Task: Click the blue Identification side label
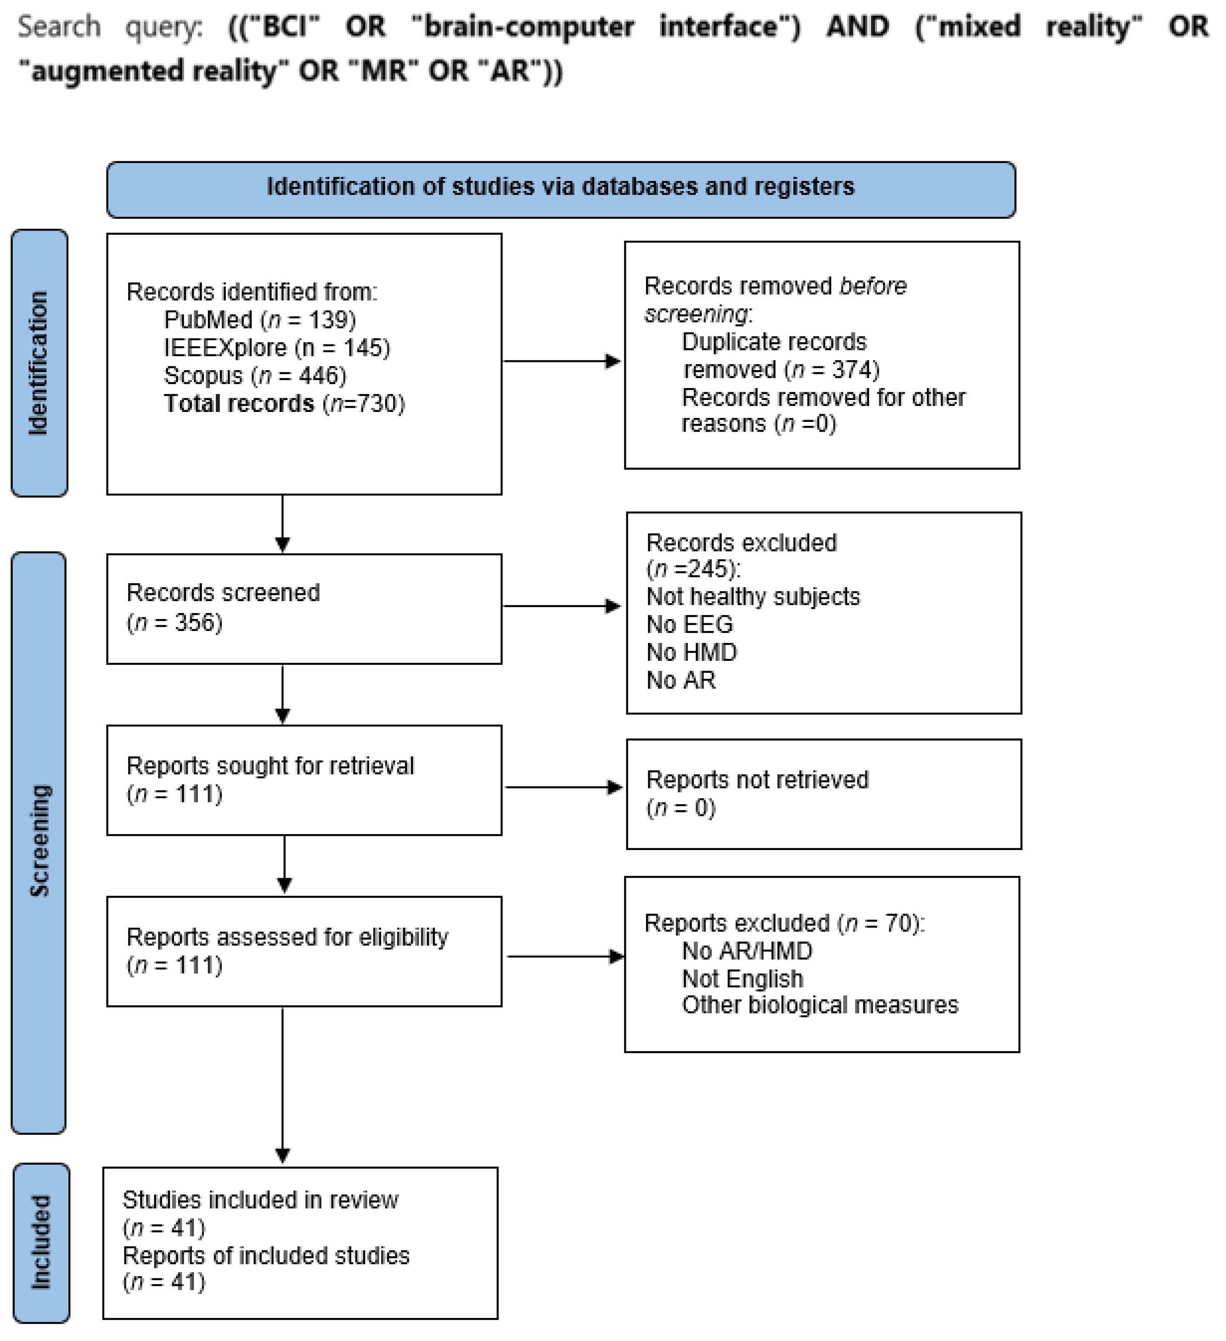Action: pos(39,363)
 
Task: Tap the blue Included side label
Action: pos(41,1243)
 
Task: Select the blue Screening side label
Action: pos(39,842)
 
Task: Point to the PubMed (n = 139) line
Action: pos(259,320)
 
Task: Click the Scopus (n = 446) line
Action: pos(255,376)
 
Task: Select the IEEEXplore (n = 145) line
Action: pos(277,348)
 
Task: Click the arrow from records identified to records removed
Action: pos(562,361)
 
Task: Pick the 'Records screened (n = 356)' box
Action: pos(304,609)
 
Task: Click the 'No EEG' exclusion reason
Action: pos(689,625)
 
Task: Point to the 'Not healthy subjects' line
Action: pos(753,597)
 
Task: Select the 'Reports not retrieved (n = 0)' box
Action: pos(824,794)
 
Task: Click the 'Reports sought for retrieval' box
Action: pos(304,780)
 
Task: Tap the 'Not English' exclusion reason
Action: pos(742,979)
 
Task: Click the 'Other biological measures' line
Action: pos(820,1005)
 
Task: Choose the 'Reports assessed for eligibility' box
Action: pos(304,951)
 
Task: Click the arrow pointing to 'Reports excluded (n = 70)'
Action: pos(565,957)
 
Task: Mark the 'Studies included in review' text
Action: pos(260,1200)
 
